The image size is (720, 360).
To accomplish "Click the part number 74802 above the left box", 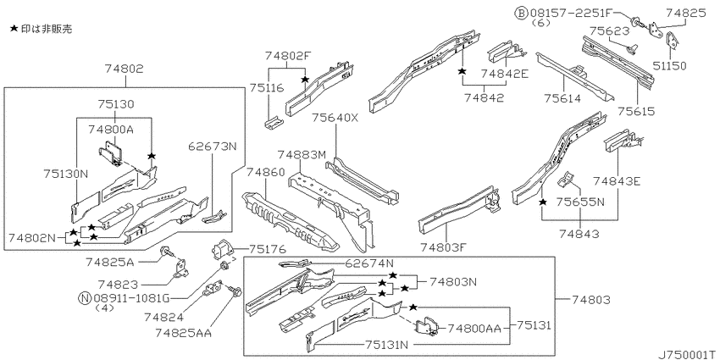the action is click(x=124, y=69).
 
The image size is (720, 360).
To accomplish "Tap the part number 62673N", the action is click(x=213, y=147).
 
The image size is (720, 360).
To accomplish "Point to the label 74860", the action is click(x=265, y=172).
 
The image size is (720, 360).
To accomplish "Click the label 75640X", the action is click(x=335, y=118).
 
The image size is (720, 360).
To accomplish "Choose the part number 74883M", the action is click(x=302, y=155).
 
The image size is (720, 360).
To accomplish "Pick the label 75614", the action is click(x=563, y=98).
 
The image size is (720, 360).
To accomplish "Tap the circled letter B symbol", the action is click(x=521, y=14).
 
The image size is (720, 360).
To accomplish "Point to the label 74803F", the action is click(x=443, y=248).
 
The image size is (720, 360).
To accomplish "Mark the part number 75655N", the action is click(x=580, y=202).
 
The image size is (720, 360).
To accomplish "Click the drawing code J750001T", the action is click(x=688, y=355).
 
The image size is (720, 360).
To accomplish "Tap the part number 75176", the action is click(x=267, y=249).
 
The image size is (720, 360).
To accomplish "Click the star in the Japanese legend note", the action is click(x=14, y=29).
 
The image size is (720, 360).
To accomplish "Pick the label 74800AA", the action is click(x=475, y=328).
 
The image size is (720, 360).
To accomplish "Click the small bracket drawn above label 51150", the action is click(x=673, y=40).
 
